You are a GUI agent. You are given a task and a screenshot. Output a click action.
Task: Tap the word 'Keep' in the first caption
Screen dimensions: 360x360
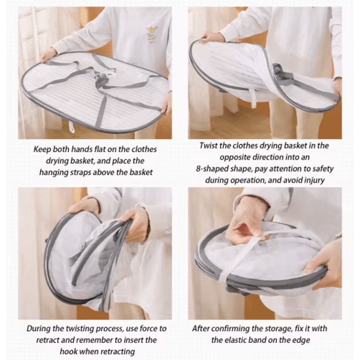point(42,149)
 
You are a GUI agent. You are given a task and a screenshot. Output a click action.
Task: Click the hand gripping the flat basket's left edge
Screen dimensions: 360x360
point(49,54)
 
